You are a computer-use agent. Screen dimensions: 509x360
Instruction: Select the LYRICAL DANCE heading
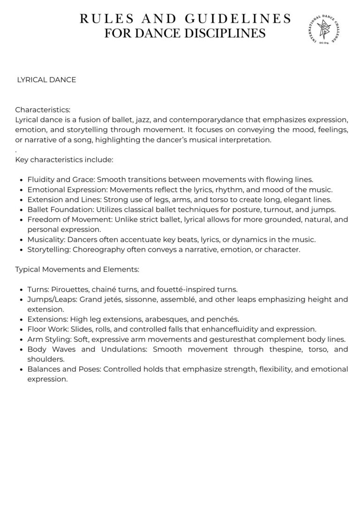(x=46, y=80)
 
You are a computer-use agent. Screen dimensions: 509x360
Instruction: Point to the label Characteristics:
(x=43, y=110)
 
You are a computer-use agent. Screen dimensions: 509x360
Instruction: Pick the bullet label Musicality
(x=46, y=240)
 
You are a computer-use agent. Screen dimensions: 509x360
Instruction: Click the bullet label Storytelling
(x=49, y=249)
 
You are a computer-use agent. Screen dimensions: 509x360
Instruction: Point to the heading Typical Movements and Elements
(x=77, y=269)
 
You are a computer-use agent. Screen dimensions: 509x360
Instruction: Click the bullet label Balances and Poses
(x=64, y=369)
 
